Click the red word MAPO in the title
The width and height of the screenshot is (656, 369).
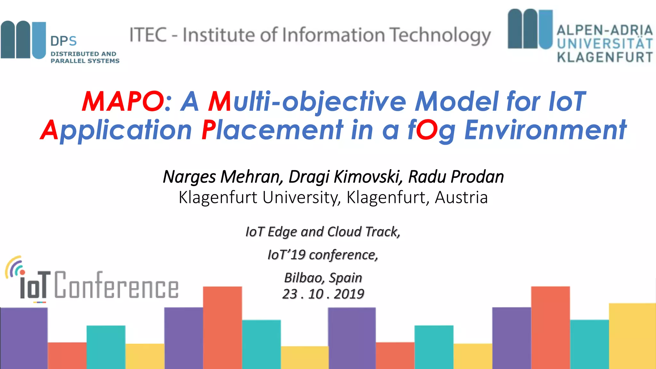[x=123, y=102]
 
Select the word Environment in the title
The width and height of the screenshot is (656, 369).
[x=545, y=130]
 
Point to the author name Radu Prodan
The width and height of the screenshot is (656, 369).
[x=456, y=176]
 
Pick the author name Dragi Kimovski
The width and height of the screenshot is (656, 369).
[x=345, y=176]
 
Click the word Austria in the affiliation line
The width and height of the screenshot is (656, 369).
[x=461, y=197]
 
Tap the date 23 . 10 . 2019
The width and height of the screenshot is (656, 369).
[x=323, y=294]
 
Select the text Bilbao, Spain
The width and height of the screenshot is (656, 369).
[x=323, y=278]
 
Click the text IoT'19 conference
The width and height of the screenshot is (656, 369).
[x=323, y=255]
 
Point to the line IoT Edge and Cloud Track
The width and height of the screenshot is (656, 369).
[x=323, y=232]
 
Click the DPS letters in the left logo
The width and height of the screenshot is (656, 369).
[x=63, y=41]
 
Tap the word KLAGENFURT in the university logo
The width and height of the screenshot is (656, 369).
[x=604, y=57]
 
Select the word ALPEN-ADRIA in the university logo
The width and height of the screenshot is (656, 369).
[x=604, y=30]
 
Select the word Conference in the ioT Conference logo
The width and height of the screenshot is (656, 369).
[x=116, y=286]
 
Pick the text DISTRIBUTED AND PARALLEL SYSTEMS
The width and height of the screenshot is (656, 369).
[x=85, y=57]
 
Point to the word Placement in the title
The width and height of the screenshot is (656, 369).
[x=272, y=130]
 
